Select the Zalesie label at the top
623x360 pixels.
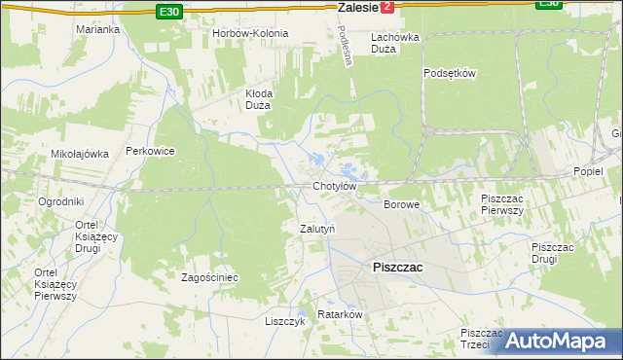(356, 7)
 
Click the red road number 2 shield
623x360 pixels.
(388, 7)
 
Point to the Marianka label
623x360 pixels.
(97, 29)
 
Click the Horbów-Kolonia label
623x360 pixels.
(250, 33)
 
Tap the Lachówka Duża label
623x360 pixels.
(395, 43)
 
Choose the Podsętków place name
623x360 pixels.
(449, 73)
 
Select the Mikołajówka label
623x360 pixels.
(78, 154)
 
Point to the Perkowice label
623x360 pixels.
(150, 152)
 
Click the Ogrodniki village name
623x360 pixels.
(60, 201)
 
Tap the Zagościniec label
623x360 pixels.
(210, 277)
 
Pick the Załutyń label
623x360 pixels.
(316, 229)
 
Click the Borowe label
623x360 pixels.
(401, 205)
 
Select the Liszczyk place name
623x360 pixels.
(285, 321)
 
